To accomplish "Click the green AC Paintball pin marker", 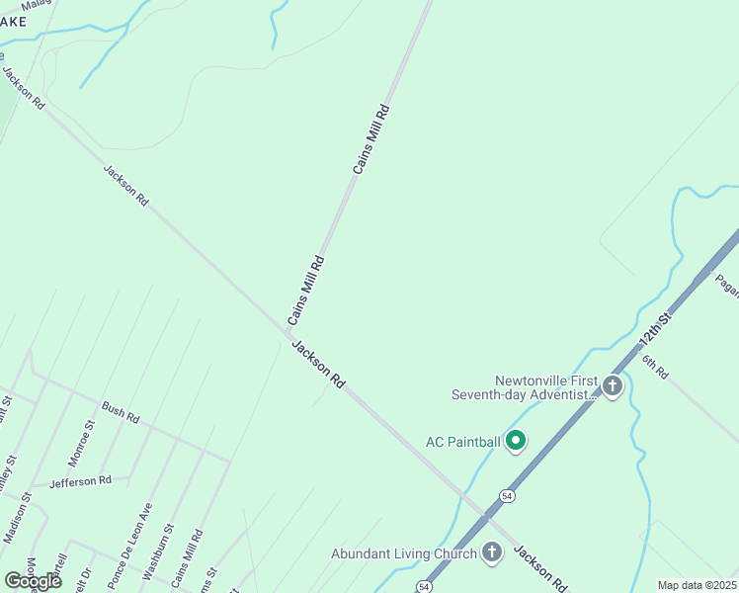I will click(515, 441).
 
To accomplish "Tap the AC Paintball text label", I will click(462, 442).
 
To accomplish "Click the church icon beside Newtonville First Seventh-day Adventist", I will click(612, 385).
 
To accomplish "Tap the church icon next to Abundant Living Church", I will click(492, 553).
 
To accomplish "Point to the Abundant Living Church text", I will click(404, 554).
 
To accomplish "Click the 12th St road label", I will click(654, 325).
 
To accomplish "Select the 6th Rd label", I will click(655, 367).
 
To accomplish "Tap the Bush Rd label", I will click(121, 412).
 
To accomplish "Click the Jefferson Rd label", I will click(80, 481).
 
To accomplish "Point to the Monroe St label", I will click(81, 443).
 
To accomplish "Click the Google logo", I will click(33, 580).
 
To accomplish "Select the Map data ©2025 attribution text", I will click(697, 585).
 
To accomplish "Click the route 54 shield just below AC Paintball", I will click(506, 495).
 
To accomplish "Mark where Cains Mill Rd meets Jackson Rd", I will click(284, 333).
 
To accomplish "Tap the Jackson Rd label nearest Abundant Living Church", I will click(539, 568).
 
